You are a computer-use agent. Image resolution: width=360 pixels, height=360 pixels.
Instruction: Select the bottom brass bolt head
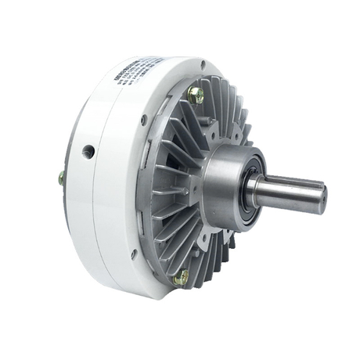pyautogui.click(x=182, y=275)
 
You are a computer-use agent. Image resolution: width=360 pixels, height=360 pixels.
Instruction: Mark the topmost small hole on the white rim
pyautogui.click(x=203, y=65)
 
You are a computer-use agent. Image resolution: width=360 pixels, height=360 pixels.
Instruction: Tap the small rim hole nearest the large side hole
pyautogui.click(x=144, y=120)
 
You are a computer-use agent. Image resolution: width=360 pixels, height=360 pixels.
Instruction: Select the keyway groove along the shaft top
pyautogui.click(x=293, y=182)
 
